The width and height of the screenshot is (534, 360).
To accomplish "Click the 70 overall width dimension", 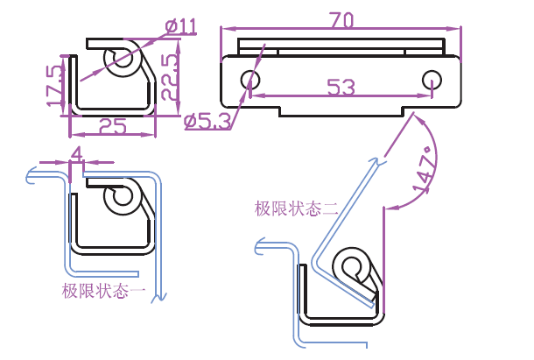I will (x=341, y=18).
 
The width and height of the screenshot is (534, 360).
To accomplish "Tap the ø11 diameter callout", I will (x=181, y=26).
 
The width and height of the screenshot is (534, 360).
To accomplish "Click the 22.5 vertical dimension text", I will (x=171, y=75).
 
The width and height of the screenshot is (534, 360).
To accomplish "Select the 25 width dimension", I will (x=112, y=126).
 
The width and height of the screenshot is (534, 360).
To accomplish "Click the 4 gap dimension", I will (x=76, y=153).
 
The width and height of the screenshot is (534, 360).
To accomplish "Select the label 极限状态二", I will (x=296, y=208).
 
